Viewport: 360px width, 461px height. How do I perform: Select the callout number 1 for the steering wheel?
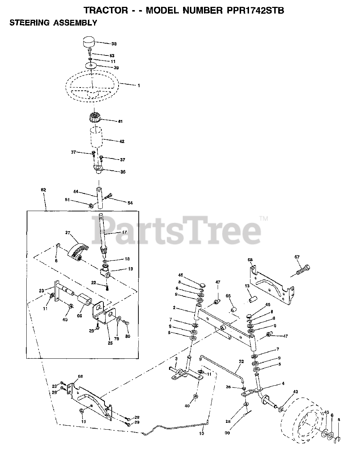coord(138,86)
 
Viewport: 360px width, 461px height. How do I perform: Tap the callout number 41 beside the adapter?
coord(120,122)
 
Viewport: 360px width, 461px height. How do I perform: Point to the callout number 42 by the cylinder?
coord(122,142)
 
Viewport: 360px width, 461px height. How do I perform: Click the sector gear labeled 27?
coord(77,249)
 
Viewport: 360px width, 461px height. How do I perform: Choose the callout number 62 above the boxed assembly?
coord(44,189)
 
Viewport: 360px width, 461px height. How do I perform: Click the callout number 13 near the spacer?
coord(247,286)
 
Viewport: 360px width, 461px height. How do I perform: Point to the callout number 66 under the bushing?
coord(79,315)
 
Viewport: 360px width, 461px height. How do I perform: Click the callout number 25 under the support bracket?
coord(110,343)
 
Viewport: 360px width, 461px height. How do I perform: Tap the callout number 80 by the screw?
coord(128,336)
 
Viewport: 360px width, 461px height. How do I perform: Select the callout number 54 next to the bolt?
coord(130,203)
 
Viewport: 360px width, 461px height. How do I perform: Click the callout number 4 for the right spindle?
coord(283,384)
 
